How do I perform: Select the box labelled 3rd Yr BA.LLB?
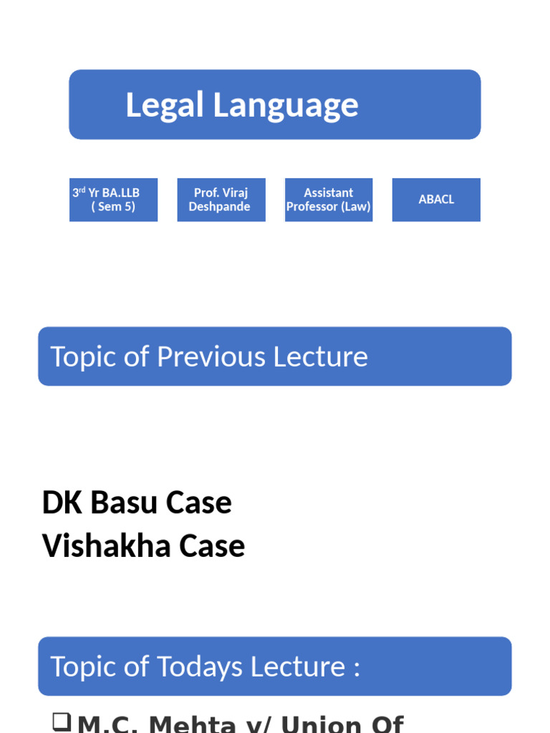[113, 200]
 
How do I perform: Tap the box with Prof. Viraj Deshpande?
[221, 200]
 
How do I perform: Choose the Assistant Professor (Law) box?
[329, 200]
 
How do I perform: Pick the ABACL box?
[436, 200]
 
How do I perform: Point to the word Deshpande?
[220, 207]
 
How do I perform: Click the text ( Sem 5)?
[113, 207]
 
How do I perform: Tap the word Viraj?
[235, 193]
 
